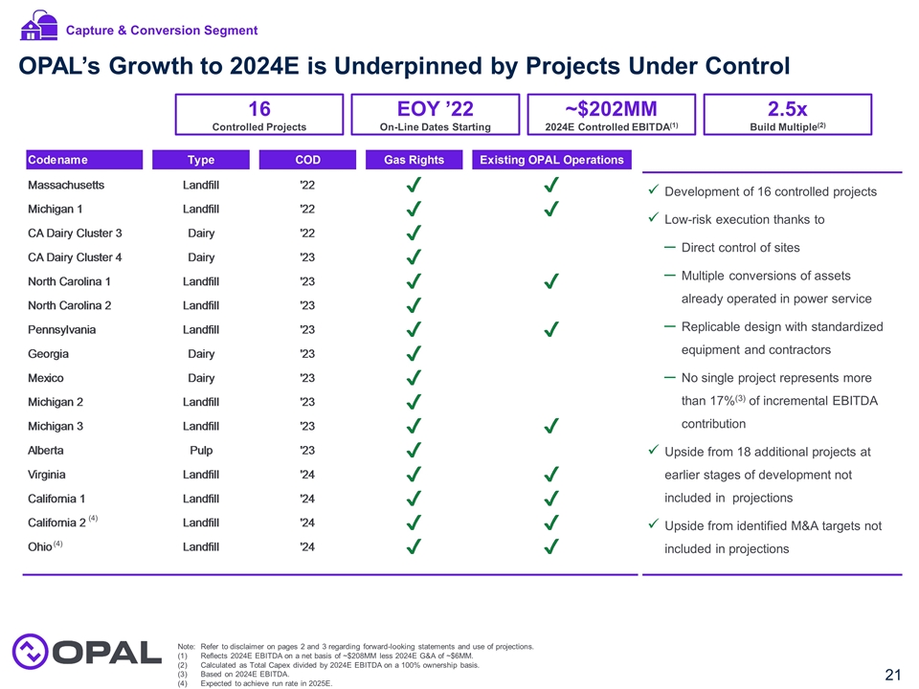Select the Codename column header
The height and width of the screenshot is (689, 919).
[56, 160]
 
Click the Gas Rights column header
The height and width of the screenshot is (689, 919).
[414, 160]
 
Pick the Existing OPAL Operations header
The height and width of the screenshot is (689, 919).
[551, 160]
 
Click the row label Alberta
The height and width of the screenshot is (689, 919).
[47, 450]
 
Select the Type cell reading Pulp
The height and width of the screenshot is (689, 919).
[201, 450]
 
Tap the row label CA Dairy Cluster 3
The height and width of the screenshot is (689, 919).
[75, 233]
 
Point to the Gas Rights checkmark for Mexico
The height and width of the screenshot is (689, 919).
[414, 378]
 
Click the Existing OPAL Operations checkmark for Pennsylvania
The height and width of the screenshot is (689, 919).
[551, 330]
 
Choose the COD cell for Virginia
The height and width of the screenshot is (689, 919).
[307, 474]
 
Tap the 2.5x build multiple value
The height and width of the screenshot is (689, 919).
[788, 108]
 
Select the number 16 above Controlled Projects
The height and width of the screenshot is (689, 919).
[258, 108]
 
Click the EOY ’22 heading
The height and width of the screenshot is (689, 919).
[435, 108]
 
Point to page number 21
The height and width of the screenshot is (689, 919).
[892, 675]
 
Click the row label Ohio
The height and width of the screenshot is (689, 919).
[39, 546]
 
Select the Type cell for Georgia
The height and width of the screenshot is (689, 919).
[201, 353]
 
